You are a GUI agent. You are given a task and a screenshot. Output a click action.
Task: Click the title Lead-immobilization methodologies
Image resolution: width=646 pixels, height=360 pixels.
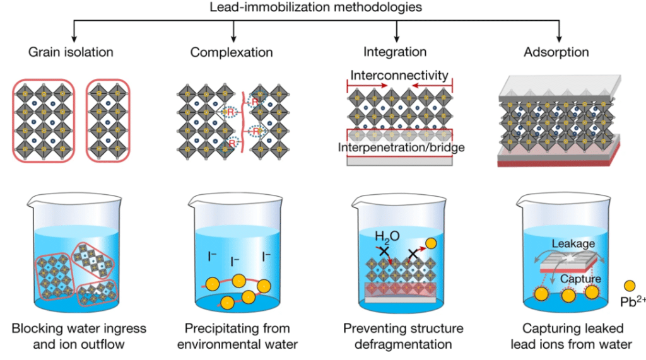point(315,7)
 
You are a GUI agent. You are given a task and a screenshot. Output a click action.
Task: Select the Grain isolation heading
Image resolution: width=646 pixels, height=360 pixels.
point(71,52)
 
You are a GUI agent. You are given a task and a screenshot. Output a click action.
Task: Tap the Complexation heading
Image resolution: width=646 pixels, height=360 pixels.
point(232,52)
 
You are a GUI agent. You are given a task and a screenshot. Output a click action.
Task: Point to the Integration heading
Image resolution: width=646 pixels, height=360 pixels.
point(395,52)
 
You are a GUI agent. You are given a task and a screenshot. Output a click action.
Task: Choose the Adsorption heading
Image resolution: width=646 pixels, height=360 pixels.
point(556,52)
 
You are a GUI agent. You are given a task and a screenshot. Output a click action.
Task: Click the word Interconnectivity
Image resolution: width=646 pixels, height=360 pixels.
point(399,76)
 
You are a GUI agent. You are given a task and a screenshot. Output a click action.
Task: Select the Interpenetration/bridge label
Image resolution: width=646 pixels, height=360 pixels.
point(401,148)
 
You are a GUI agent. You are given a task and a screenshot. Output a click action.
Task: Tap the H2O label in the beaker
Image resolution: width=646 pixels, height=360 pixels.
point(387,237)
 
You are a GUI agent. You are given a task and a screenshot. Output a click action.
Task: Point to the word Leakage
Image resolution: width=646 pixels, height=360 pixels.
point(573,244)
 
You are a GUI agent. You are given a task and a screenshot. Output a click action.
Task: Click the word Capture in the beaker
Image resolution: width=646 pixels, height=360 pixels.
point(580,279)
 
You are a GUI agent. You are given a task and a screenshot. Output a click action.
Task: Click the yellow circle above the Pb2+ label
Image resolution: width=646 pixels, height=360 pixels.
point(630,286)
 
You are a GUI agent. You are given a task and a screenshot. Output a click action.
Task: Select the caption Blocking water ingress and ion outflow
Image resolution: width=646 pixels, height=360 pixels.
point(79,336)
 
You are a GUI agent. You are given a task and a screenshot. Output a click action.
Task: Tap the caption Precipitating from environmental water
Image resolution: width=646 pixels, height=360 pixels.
point(237,336)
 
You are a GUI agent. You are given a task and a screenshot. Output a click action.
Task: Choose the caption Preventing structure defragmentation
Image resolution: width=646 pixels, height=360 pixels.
point(403,336)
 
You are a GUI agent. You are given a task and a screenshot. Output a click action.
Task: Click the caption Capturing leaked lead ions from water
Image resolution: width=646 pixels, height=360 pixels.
point(572,336)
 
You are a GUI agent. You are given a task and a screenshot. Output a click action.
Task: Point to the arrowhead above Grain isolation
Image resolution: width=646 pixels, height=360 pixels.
point(74,39)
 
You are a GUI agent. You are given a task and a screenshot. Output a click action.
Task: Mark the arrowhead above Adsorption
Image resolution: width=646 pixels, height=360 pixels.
point(559,39)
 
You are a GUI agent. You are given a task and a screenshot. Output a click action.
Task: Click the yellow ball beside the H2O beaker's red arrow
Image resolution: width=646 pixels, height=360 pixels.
point(431,243)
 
